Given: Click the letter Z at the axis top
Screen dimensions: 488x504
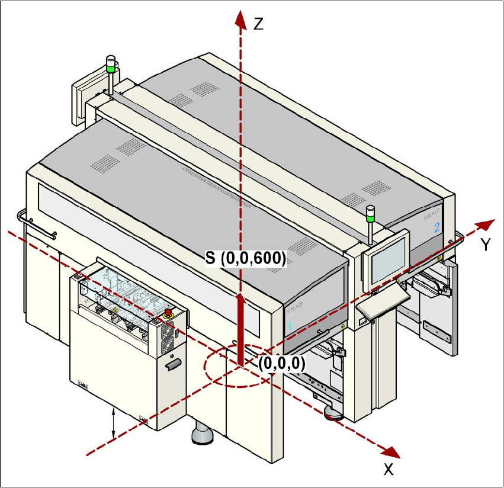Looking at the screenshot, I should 258,24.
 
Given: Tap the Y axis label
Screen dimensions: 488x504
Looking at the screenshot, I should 485,244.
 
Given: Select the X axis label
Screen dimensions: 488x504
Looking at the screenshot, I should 389,470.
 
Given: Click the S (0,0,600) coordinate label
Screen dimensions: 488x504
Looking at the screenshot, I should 246,258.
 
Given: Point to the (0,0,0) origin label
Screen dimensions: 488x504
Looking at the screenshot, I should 281,364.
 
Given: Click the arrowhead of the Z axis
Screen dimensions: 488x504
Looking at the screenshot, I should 240,18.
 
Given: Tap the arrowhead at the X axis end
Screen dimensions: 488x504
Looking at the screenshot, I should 391,452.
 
